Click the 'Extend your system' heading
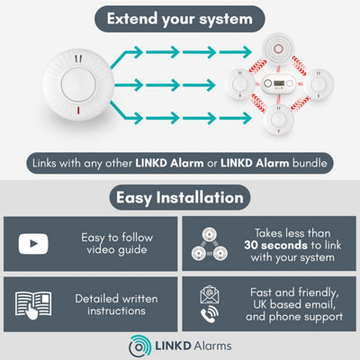(x=180, y=19)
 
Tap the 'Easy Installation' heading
(x=180, y=197)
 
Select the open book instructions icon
(x=34, y=303)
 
